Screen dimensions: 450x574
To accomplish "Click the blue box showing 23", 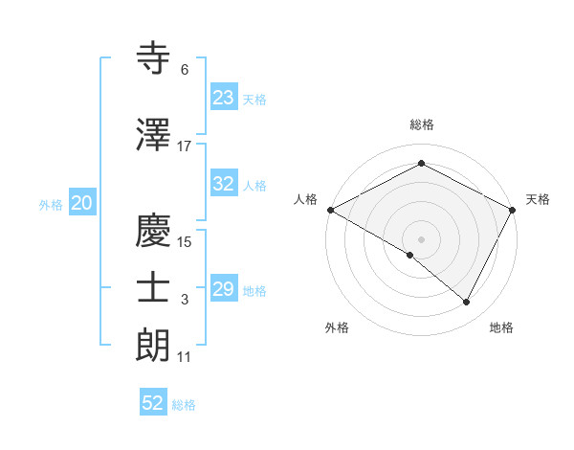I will click(x=223, y=98).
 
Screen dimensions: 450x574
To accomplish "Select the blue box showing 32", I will click(x=223, y=185).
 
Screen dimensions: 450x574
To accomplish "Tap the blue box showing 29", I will click(x=223, y=289).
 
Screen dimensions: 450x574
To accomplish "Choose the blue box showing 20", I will click(x=82, y=203).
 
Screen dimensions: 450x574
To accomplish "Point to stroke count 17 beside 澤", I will click(x=185, y=146).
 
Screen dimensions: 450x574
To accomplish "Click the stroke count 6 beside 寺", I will click(x=185, y=70).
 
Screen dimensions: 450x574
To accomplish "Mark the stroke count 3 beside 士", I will click(x=185, y=300).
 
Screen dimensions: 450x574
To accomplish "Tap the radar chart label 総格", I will click(x=421, y=124).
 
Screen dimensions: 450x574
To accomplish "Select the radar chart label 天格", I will click(x=538, y=199).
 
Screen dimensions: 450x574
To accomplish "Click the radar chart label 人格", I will click(x=305, y=199).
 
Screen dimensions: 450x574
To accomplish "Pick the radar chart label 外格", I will click(x=337, y=327).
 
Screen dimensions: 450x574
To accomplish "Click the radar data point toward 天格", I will click(x=514, y=210).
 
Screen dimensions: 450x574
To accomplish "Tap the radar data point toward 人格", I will click(x=330, y=210).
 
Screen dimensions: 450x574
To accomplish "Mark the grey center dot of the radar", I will click(x=421, y=238).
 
